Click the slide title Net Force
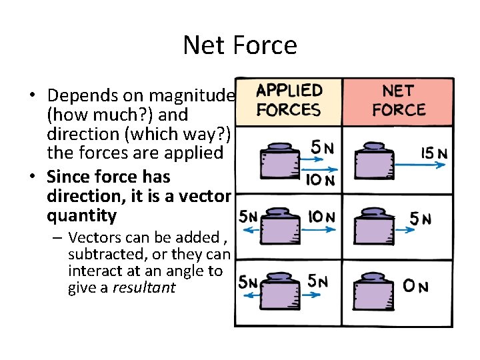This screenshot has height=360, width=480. tap(240, 45)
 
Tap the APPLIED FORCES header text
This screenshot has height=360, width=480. tap(289, 100)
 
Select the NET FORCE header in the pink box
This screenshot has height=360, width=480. tap(399, 100)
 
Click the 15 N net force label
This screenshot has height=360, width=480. tap(434, 153)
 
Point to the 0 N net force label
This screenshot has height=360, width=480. tap(415, 287)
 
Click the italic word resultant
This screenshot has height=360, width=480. tap(143, 288)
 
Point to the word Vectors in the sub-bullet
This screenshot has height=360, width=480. tap(93, 237)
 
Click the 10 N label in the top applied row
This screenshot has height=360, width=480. tap(319, 179)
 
